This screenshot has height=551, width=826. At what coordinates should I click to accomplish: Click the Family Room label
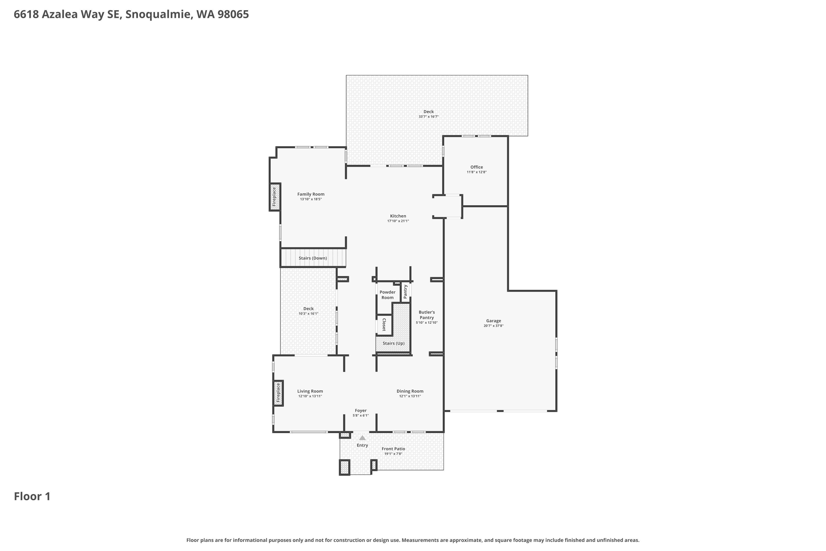click(x=311, y=194)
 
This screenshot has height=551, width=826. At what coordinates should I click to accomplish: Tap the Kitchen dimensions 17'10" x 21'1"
click(x=398, y=221)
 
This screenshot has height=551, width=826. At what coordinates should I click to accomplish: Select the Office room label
click(x=477, y=167)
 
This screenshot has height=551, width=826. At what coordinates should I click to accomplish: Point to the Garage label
click(x=493, y=320)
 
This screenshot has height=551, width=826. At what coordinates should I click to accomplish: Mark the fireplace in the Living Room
click(x=278, y=393)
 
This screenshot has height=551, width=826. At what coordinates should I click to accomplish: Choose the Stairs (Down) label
click(x=313, y=258)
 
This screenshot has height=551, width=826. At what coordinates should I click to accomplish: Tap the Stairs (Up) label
click(x=393, y=343)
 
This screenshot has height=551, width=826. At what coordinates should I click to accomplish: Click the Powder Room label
click(x=387, y=295)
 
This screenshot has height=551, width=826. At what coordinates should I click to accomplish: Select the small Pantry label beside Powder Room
click(x=405, y=292)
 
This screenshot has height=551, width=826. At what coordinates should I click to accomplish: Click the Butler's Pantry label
click(x=427, y=315)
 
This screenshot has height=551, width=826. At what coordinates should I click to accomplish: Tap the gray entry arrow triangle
click(x=362, y=438)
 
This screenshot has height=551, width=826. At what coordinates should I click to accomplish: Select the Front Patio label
click(x=393, y=449)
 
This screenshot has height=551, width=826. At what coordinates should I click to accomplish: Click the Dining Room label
click(x=410, y=391)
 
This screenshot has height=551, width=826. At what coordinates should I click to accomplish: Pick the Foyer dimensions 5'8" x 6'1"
click(x=361, y=415)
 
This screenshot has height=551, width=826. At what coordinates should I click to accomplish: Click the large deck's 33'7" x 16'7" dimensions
click(x=428, y=117)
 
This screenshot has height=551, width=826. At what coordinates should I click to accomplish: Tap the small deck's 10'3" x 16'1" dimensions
click(x=308, y=314)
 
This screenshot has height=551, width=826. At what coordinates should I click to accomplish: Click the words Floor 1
click(x=32, y=496)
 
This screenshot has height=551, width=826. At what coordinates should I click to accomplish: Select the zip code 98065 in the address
click(x=233, y=14)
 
